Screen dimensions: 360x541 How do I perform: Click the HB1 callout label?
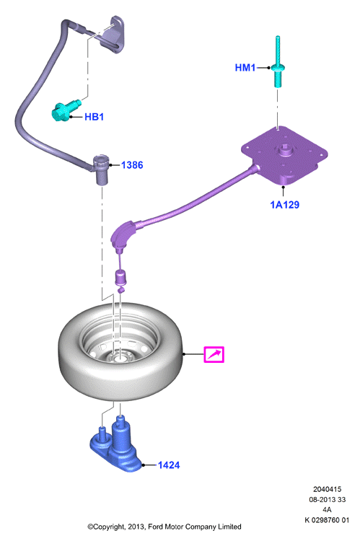coord(94,117)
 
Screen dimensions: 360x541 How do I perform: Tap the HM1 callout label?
coord(245,68)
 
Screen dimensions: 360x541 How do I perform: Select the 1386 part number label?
coord(132,165)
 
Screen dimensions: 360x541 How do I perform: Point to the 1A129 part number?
coord(284,205)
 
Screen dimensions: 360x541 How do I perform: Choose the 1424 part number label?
coord(169,465)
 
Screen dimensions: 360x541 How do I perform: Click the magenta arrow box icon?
coord(214,354)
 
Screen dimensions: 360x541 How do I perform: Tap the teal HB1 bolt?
coord(65,110)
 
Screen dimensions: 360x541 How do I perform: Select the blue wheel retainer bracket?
coord(116,445)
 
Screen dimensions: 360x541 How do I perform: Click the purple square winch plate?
coord(284,154)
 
